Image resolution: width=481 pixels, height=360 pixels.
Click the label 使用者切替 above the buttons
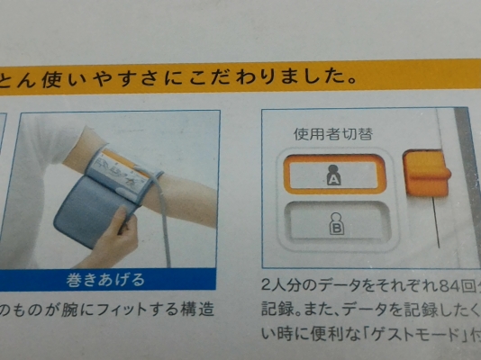[333, 135]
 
